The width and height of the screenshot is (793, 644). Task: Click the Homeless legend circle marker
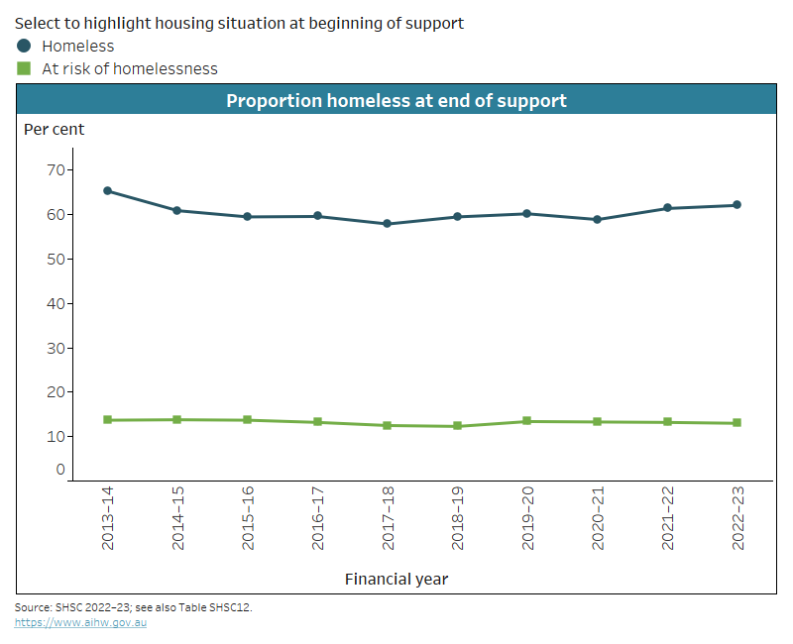coord(24,46)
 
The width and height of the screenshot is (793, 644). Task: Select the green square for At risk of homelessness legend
coord(24,68)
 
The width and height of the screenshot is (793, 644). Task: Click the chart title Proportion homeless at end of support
coord(396,101)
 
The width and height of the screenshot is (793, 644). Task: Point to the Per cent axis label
coord(54,129)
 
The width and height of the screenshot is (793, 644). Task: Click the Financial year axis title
coord(396,578)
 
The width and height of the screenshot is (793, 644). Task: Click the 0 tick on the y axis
coord(59,470)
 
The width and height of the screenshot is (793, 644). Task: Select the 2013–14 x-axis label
coord(107,517)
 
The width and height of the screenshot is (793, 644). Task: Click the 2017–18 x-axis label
coord(387,517)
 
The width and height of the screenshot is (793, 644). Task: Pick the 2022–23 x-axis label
coord(736,517)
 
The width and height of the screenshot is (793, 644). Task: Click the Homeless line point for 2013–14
coord(107,191)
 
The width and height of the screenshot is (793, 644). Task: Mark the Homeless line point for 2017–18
coord(387,224)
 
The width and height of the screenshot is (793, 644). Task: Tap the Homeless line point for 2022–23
coord(736,205)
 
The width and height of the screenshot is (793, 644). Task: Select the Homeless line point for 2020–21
coord(597,220)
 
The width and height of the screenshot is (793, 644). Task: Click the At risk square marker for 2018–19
coord(457,426)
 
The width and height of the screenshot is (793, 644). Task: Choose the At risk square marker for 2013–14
coord(107,420)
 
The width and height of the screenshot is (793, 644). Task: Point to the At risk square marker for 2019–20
coord(526,421)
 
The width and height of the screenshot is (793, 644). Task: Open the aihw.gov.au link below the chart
coord(80,622)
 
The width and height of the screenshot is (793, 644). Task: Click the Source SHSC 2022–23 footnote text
coord(133,606)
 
